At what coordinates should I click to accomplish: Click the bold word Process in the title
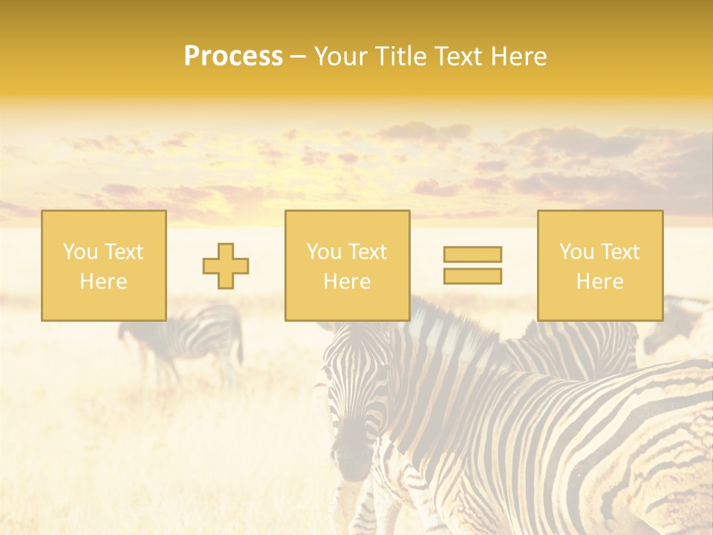point(233,56)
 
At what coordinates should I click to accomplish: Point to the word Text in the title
point(461,56)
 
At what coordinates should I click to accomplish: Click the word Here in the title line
point(519,56)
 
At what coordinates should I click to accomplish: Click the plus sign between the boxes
point(226,266)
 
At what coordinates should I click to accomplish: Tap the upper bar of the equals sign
point(472,254)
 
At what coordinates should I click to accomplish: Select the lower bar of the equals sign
point(472,276)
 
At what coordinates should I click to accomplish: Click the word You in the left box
point(80,252)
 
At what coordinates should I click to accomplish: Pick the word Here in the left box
point(103,282)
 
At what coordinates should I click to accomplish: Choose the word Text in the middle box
point(367,252)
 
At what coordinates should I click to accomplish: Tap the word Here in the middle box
point(347,282)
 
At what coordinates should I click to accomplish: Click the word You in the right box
point(576,252)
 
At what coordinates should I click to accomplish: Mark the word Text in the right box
point(619,252)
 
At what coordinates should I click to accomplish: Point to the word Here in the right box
point(599,282)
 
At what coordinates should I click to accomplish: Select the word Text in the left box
point(123,252)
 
